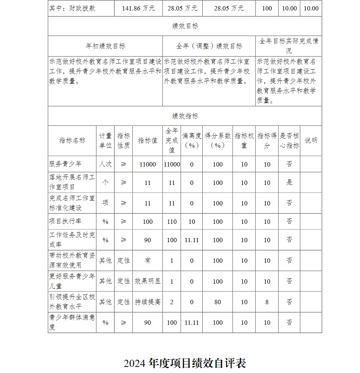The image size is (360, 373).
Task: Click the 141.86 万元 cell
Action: point(138,8)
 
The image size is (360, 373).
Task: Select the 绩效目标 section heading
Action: point(185,26)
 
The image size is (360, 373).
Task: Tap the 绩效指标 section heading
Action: point(185,116)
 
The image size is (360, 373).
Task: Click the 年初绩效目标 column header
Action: point(105,46)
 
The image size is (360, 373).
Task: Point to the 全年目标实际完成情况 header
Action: point(289,46)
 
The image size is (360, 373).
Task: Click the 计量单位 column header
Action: point(105,141)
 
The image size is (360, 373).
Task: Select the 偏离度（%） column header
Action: point(192,141)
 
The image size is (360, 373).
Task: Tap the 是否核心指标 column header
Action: point(289,141)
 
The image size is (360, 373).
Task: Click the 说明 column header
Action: point(311,141)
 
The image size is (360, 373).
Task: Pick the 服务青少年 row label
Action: point(66,164)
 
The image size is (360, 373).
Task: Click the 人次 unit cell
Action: point(105,164)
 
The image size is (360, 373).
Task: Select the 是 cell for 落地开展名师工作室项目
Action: point(289,182)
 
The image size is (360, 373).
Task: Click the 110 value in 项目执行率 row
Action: point(172,222)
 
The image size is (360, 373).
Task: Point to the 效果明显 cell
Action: point(148,281)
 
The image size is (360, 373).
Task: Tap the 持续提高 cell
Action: point(148,302)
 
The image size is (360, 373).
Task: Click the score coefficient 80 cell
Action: point(218,302)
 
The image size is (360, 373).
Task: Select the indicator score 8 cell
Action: point(267,302)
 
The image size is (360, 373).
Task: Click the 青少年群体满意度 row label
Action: point(72,323)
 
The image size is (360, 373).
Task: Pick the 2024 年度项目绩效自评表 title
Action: point(185,363)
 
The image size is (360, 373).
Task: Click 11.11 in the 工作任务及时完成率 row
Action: point(192,240)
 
